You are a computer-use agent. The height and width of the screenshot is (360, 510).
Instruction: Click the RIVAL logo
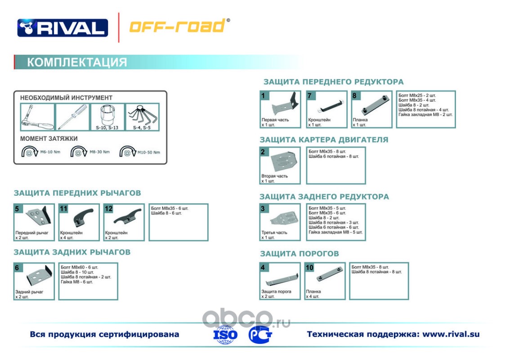coord(63,28)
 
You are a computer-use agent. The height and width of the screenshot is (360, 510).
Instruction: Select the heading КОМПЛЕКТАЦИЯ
coord(77,62)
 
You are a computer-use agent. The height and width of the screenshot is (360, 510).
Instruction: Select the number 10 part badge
coord(309,267)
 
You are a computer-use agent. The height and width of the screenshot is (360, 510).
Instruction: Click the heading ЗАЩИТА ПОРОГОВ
coord(299,254)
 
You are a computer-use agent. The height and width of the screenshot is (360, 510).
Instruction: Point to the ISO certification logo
coord(225,335)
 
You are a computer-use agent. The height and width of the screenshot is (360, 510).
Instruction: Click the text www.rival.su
coord(451,334)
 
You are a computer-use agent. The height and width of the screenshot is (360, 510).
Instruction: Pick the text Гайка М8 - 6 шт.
coord(77,282)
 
